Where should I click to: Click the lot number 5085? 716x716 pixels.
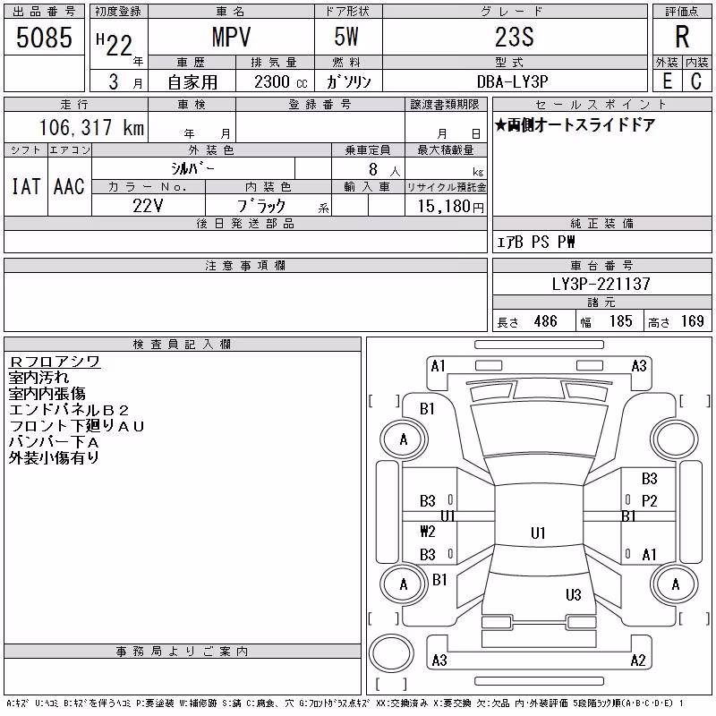tap(44, 37)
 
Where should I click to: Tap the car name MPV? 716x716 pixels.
tap(231, 37)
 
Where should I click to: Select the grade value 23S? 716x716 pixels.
tap(515, 37)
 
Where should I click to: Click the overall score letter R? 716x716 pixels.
tap(682, 37)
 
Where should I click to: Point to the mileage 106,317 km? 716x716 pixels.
tap(92, 127)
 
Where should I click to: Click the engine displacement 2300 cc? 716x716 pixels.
tap(281, 82)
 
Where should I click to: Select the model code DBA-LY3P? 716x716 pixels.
tap(512, 81)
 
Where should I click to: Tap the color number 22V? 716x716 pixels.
tap(148, 206)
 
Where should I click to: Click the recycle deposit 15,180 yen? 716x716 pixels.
tap(451, 207)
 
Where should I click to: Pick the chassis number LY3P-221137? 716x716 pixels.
tap(601, 284)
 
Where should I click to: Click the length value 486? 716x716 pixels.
tap(546, 321)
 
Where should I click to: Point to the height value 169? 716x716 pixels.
tap(692, 321)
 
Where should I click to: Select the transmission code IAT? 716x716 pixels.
tap(26, 187)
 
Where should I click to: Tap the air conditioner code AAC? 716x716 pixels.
tap(70, 187)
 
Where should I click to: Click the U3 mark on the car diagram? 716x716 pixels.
tap(574, 594)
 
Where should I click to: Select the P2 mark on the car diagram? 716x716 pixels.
tap(650, 501)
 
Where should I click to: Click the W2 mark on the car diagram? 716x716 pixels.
tap(428, 531)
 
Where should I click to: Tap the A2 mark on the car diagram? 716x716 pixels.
tap(638, 661)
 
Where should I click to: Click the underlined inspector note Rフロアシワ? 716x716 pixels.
tap(55, 362)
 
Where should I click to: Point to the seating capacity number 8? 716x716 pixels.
tap(373, 169)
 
